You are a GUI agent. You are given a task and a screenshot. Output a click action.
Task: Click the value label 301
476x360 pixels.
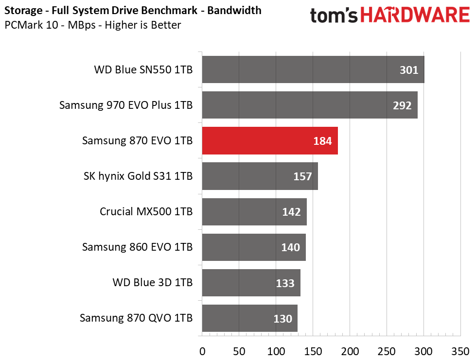click(x=409, y=70)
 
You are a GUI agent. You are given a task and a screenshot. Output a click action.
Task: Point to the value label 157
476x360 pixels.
click(x=302, y=176)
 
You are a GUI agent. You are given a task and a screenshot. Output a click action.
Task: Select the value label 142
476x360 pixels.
click(x=291, y=212)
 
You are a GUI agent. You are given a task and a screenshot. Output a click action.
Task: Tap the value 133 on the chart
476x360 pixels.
click(x=285, y=283)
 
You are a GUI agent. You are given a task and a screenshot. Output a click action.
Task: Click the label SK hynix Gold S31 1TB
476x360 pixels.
click(x=138, y=176)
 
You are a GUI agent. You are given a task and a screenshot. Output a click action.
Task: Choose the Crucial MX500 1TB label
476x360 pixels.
click(x=146, y=211)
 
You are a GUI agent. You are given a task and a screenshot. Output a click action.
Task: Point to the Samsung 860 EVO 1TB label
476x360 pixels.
click(x=137, y=247)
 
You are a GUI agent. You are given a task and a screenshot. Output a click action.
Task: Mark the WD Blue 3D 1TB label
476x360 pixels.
click(x=152, y=282)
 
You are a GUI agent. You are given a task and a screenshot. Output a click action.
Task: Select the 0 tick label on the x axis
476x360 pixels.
click(x=202, y=351)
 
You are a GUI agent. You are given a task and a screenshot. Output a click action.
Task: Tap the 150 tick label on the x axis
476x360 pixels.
click(x=313, y=351)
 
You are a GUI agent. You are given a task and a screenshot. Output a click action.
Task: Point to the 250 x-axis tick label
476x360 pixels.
click(x=387, y=351)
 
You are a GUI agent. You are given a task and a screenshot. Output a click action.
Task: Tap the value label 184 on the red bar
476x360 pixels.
click(x=322, y=141)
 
